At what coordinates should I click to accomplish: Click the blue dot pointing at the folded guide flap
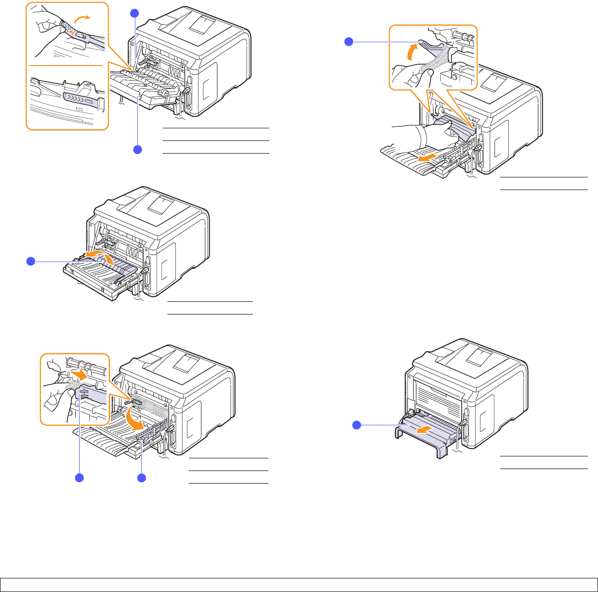[30, 261]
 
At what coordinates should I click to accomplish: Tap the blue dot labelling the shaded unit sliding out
[356, 425]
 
